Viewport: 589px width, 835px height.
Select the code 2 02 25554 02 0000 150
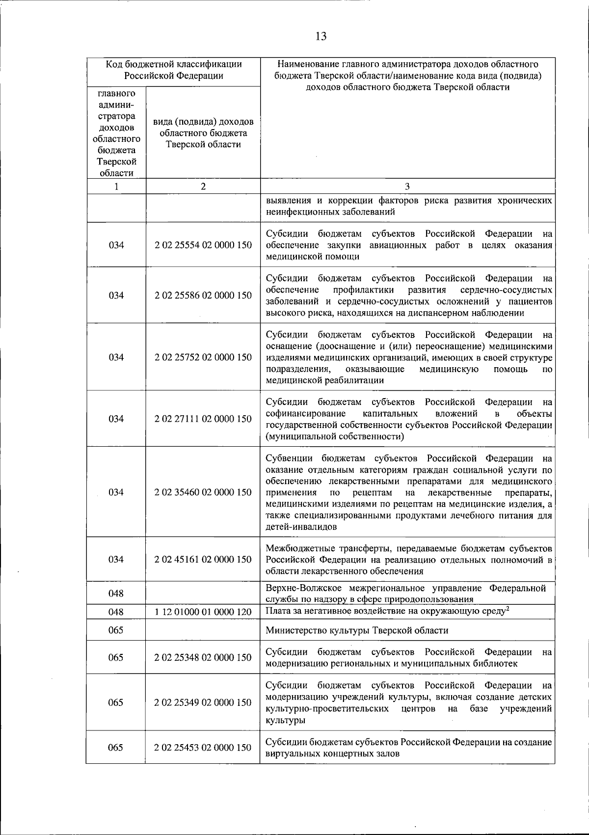[x=203, y=245]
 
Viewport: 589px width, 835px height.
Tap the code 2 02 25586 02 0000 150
[x=203, y=295]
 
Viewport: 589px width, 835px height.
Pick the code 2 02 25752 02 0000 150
[x=203, y=357]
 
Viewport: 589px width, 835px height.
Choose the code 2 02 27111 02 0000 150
[x=203, y=419]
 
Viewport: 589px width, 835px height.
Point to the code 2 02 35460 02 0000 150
[x=203, y=492]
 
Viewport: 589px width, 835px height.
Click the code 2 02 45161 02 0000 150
[x=203, y=559]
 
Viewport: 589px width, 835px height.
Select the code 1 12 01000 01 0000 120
[x=203, y=612]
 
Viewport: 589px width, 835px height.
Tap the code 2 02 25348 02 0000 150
[x=203, y=657]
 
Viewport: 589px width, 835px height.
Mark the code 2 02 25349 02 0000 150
[x=203, y=702]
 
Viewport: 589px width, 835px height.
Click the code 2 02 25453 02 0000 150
[x=203, y=748]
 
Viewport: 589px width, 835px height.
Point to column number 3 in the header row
[x=407, y=186]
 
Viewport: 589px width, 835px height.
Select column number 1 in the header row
[x=116, y=186]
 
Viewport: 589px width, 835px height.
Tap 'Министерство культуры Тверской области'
[x=357, y=630]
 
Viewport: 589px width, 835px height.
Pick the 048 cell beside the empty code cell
[x=116, y=593]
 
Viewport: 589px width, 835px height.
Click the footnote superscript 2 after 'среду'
[x=508, y=609]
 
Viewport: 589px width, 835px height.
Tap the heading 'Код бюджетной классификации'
[x=173, y=64]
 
